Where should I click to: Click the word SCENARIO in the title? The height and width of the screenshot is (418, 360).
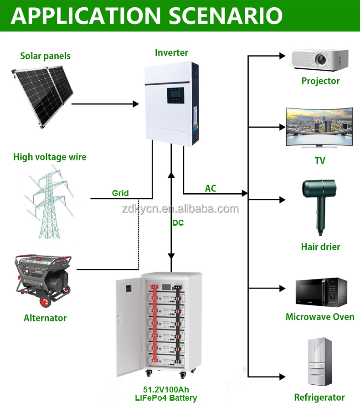[x=225, y=15]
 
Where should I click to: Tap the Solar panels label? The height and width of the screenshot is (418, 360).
[x=45, y=56]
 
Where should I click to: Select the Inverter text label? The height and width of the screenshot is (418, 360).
[x=171, y=52]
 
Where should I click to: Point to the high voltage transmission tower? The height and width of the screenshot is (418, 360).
[x=49, y=201]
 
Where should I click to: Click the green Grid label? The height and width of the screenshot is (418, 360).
[x=120, y=193]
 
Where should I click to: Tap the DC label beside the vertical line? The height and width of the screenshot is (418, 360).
[x=178, y=223]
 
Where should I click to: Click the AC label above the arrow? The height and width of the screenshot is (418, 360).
[x=211, y=188]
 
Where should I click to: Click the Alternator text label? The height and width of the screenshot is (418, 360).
[x=45, y=318]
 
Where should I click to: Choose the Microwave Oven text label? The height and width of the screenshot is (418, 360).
[x=320, y=317]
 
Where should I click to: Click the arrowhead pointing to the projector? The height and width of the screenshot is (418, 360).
[x=283, y=56]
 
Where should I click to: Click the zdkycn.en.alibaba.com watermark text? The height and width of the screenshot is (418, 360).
[x=180, y=209]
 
